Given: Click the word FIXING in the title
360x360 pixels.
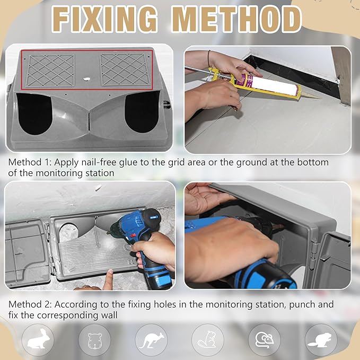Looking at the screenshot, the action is coord(104,19).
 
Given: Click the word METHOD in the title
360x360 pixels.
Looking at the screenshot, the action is coord(236,19).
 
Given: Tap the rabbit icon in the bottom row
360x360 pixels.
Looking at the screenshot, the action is coord(38,339).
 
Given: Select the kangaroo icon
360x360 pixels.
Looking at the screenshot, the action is coord(152,340).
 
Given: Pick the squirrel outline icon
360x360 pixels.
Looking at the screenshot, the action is coord(207,339).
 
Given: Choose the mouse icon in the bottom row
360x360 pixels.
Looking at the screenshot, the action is coord(265,339).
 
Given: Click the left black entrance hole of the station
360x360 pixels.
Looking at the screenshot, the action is coord(34,113).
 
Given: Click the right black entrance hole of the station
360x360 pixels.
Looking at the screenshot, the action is coord(142,112).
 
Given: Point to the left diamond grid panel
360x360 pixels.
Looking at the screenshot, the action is coord(50,71).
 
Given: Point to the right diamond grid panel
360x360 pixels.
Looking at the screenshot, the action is coord(125,69).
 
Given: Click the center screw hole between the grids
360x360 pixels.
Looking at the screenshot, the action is coord(87,79).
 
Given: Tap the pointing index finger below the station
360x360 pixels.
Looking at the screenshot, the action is coord(108,279).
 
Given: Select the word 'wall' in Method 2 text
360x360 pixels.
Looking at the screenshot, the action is coord(109,315).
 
